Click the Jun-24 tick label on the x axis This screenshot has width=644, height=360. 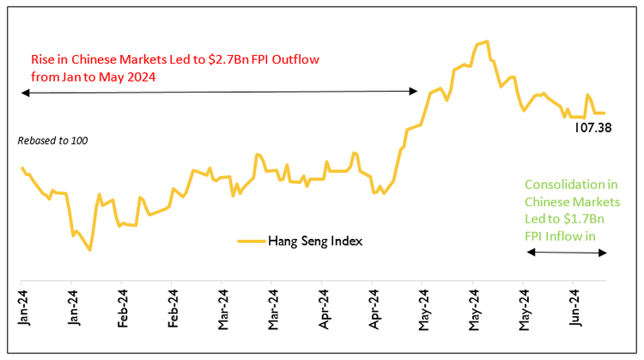pyautogui.click(x=573, y=308)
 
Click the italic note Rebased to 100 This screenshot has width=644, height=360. pyautogui.click(x=52, y=140)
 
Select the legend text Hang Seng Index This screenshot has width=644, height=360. pyautogui.click(x=315, y=241)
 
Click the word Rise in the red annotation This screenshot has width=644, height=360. pyautogui.click(x=42, y=62)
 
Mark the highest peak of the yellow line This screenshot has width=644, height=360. pyautogui.click(x=487, y=41)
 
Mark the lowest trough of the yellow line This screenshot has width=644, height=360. pyautogui.click(x=90, y=250)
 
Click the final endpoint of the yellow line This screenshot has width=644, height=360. pyautogui.click(x=605, y=113)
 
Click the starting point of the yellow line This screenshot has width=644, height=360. pyautogui.click(x=21, y=168)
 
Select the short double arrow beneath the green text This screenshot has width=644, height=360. pyautogui.click(x=567, y=252)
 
